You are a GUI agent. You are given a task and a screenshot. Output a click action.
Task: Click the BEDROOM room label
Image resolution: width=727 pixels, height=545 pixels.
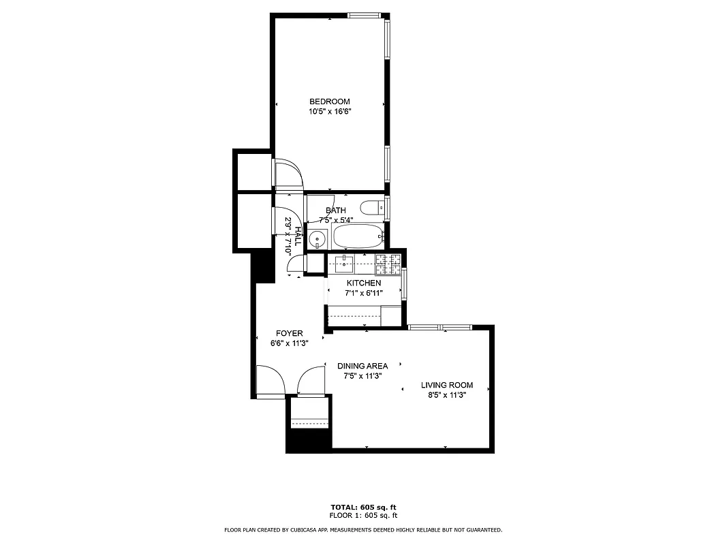click(x=330, y=102)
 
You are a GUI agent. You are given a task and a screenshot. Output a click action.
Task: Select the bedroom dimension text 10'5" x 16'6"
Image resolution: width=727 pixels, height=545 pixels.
click(x=330, y=112)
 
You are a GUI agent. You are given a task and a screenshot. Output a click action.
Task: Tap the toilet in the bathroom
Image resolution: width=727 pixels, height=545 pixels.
click(x=371, y=207)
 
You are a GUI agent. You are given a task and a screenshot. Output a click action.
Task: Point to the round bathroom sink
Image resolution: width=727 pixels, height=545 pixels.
click(x=317, y=239)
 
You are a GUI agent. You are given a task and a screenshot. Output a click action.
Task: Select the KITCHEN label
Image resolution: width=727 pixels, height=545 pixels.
click(x=364, y=283)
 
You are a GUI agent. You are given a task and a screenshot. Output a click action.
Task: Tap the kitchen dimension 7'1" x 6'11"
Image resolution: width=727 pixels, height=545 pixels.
click(x=364, y=293)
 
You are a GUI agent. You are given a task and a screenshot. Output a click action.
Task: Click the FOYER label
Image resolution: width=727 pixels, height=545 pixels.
click(x=289, y=333)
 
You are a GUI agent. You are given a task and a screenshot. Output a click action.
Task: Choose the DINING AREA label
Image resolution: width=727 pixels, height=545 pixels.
click(x=362, y=366)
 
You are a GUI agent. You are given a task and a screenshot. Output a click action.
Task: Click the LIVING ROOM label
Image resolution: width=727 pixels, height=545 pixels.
click(x=446, y=385)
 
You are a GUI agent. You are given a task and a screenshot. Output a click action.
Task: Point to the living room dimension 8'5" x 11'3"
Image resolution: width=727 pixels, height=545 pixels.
click(x=446, y=395)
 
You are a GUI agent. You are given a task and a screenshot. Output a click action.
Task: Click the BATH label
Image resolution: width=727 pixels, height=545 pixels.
click(x=335, y=211)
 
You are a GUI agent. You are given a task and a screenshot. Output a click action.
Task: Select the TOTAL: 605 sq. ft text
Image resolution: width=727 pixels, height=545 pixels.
click(x=363, y=508)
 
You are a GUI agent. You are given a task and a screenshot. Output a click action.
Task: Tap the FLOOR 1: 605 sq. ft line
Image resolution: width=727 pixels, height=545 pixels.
click(x=363, y=516)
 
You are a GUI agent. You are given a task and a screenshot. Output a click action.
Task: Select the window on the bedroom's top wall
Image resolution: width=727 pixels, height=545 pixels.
click(x=363, y=15)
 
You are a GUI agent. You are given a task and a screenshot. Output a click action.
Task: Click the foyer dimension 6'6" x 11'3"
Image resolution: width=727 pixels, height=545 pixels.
click(x=289, y=343)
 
